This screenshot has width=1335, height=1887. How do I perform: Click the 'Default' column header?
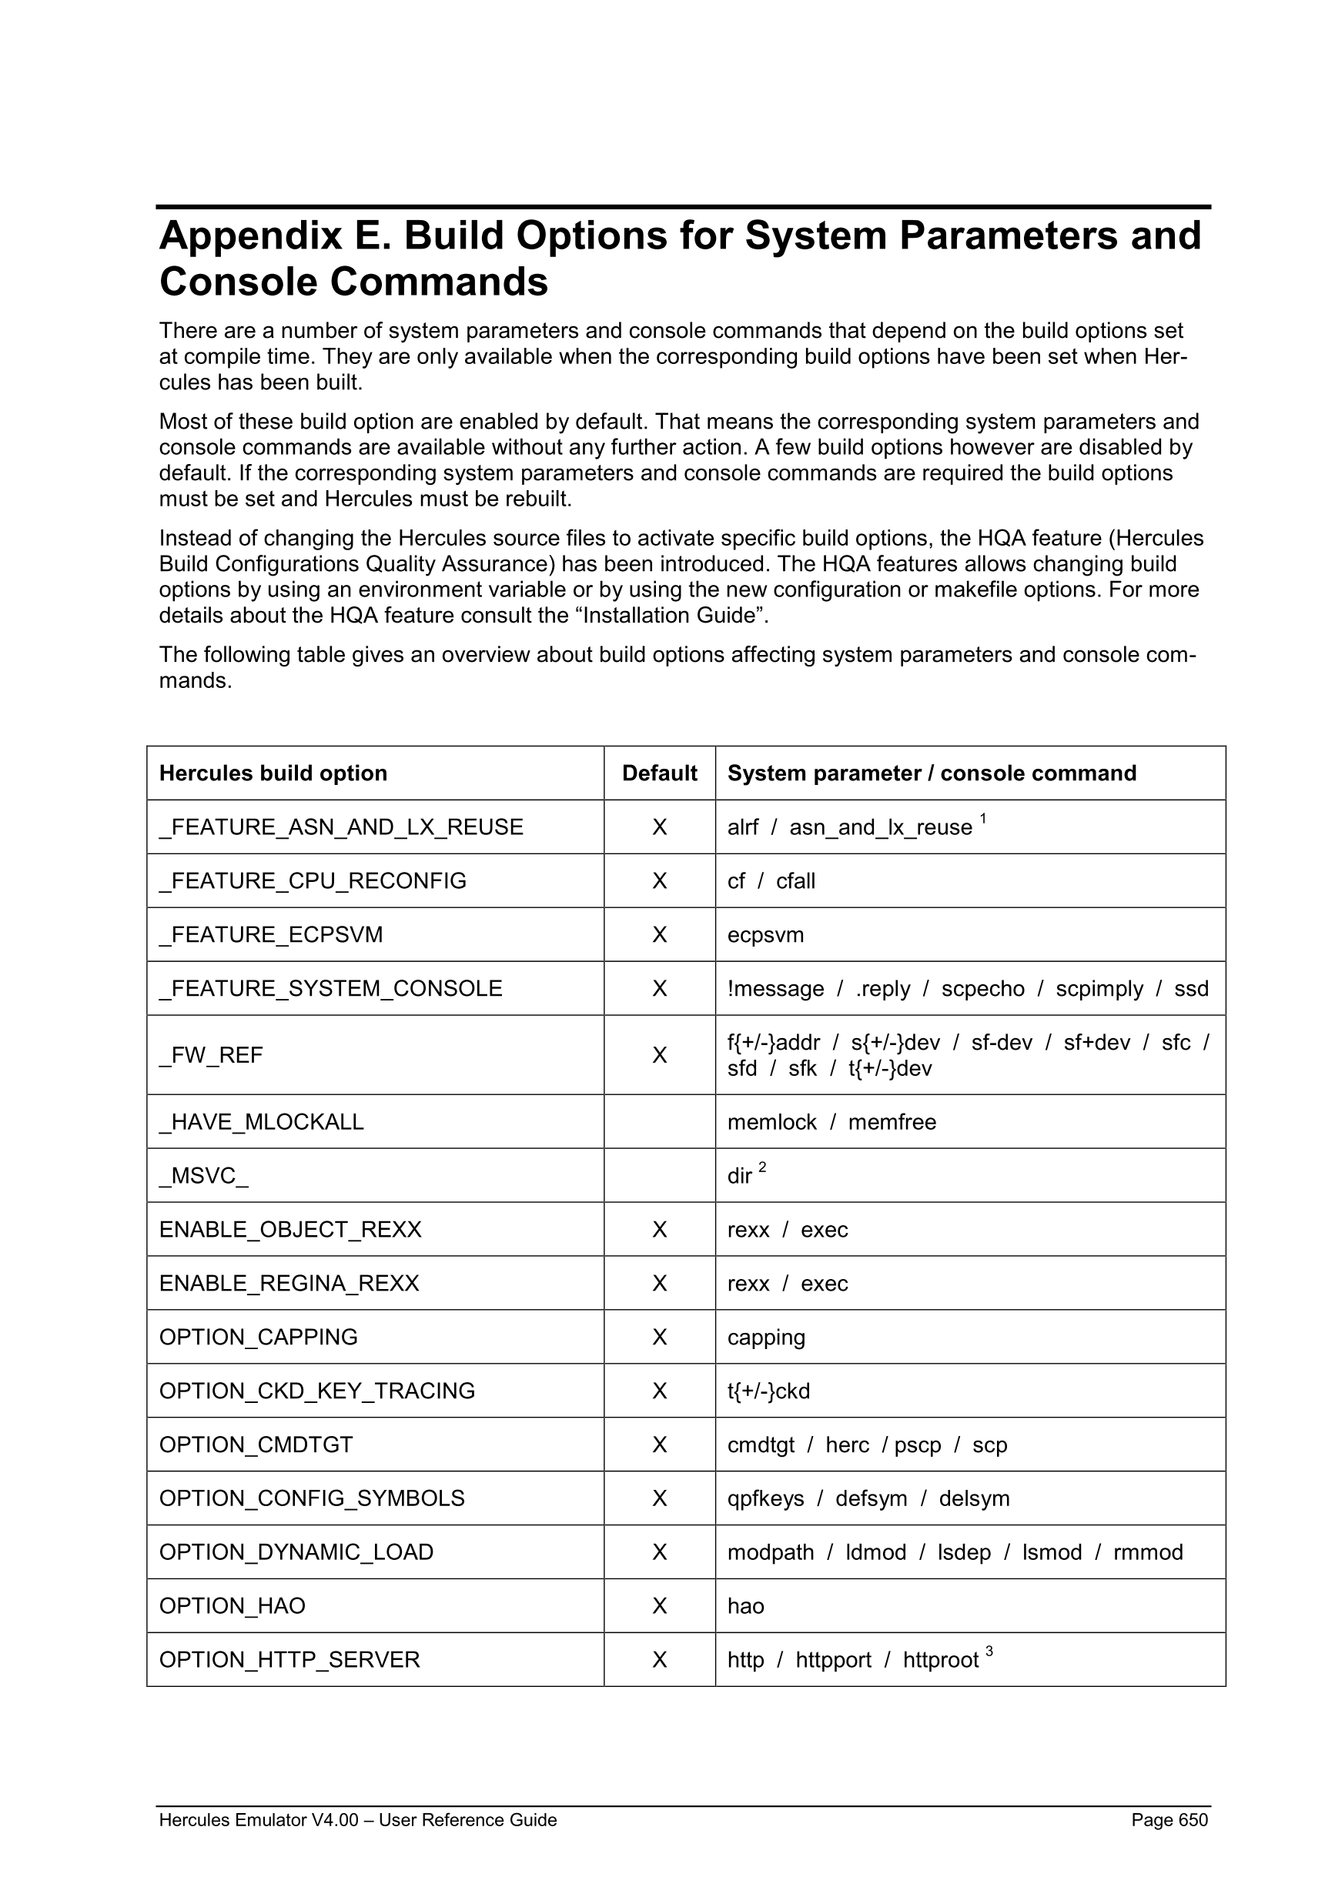[659, 773]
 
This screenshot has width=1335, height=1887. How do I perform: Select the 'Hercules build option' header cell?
[273, 773]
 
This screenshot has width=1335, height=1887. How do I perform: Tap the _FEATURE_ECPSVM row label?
[271, 934]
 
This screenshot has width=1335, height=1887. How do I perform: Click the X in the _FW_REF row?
[659, 1055]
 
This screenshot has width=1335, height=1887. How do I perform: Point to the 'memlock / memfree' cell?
[831, 1122]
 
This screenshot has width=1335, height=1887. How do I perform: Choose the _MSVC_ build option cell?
[204, 1176]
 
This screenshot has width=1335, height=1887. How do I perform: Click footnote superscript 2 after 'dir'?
[762, 1167]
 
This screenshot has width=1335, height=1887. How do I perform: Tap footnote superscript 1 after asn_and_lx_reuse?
[983, 818]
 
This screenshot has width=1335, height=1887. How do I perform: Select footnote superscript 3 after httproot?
[989, 1650]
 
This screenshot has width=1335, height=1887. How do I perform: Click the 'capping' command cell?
[766, 1338]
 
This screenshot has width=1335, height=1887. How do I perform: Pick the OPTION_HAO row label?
[232, 1606]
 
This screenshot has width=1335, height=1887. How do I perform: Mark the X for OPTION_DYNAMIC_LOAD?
[659, 1552]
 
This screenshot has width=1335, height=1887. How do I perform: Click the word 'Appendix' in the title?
[250, 235]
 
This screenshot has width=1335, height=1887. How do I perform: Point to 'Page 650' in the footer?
[1169, 1819]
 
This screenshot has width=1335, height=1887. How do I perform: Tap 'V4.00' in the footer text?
[335, 1819]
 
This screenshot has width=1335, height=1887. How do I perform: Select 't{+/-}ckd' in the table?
[768, 1391]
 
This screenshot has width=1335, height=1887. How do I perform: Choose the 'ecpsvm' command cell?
[765, 934]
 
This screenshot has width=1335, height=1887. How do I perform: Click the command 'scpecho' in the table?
[982, 988]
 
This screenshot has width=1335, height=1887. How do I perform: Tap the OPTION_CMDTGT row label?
[256, 1444]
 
